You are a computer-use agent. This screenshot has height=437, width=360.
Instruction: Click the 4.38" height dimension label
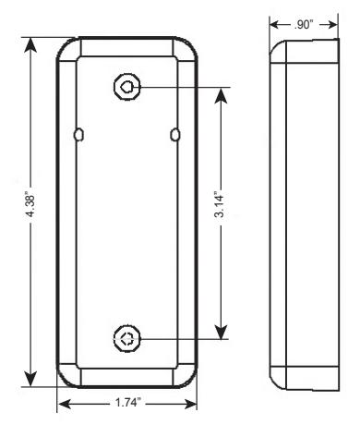[30, 205]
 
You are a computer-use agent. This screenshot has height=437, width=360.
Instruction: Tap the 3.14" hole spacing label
[220, 205]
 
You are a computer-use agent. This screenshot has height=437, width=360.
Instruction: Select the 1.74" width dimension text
[127, 402]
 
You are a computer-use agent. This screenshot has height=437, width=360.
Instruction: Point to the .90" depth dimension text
[304, 25]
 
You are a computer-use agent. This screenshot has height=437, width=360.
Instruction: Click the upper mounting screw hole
[127, 87]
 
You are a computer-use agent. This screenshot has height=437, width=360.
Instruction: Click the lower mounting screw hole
[127, 339]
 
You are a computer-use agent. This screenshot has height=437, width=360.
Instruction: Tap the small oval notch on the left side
[78, 135]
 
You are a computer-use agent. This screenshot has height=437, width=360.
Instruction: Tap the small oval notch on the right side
[175, 135]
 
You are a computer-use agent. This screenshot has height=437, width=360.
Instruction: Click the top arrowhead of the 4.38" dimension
[30, 45]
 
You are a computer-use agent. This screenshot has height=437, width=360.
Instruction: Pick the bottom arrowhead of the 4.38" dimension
[30, 379]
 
